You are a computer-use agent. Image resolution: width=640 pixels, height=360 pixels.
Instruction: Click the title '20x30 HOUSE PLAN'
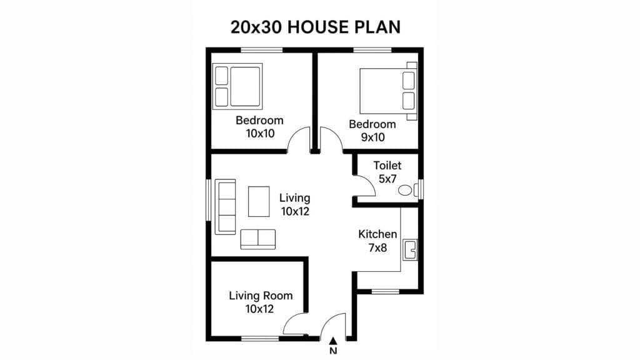(316, 27)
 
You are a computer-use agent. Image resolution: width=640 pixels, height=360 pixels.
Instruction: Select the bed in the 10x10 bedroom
(237, 86)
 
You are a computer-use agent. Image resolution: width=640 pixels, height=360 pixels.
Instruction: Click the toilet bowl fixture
(406, 189)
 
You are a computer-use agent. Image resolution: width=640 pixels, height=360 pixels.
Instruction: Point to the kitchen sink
(411, 249)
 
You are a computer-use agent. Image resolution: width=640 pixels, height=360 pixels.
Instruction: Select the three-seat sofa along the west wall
(225, 207)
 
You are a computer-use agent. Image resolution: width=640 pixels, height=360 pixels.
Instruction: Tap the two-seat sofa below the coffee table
(257, 239)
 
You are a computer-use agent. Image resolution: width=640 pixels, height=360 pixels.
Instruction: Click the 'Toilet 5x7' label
(387, 172)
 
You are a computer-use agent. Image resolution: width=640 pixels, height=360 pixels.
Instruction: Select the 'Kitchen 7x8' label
(377, 241)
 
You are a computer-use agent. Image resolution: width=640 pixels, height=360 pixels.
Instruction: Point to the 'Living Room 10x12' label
(260, 302)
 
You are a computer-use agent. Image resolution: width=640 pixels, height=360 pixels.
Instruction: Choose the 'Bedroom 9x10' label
(372, 130)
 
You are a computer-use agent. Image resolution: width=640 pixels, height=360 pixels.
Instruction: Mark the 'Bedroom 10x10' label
(259, 126)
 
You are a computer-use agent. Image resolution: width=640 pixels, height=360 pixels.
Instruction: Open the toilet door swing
(364, 186)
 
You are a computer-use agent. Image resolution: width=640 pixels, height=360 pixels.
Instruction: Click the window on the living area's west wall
(208, 200)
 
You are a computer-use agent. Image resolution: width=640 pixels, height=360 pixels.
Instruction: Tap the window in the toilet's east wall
(421, 189)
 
